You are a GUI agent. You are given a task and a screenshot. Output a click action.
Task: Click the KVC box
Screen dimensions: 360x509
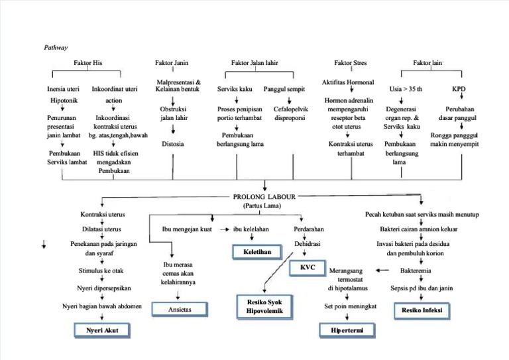(x=307, y=267)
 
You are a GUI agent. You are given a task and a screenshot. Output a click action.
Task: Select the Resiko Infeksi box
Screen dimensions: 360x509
(x=422, y=310)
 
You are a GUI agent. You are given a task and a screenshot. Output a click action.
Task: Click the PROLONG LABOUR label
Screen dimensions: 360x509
(x=264, y=197)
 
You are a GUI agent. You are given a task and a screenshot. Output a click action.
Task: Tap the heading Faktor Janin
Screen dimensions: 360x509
(x=172, y=62)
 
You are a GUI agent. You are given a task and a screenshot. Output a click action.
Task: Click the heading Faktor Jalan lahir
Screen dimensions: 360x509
(x=254, y=62)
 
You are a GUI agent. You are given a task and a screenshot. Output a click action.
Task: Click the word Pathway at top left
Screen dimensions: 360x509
(x=56, y=48)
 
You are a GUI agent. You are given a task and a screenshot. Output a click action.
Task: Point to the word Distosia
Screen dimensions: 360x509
(x=173, y=143)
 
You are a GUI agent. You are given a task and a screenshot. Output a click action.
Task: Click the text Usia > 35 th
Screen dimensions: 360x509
(x=406, y=89)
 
